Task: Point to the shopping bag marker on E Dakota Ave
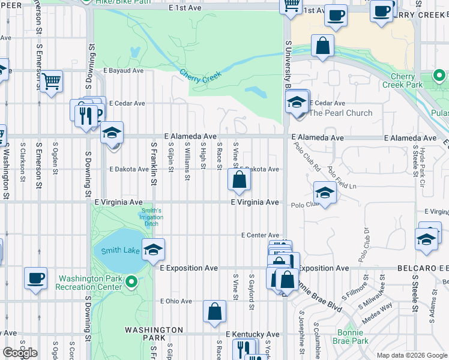pyautogui.click(x=239, y=180)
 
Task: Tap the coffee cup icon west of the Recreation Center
pyautogui.click(x=35, y=278)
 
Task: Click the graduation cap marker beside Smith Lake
pyautogui.click(x=154, y=250)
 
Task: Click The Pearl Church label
pyautogui.click(x=340, y=113)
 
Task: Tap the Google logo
pyautogui.click(x=20, y=352)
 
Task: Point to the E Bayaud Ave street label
pyautogui.click(x=123, y=71)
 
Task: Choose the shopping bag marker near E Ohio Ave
pyautogui.click(x=214, y=311)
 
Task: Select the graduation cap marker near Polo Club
pyautogui.click(x=325, y=193)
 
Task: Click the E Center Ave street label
pyautogui.click(x=261, y=235)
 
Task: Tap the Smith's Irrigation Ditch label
pyautogui.click(x=152, y=217)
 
